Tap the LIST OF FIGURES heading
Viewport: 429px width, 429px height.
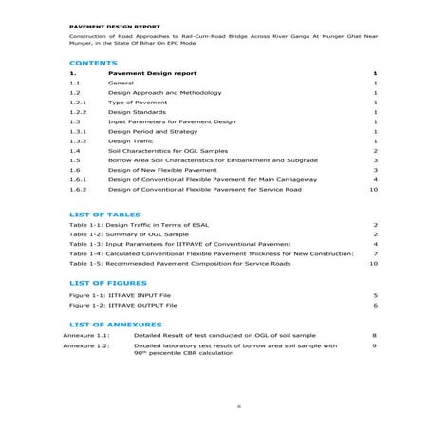tap(108, 283)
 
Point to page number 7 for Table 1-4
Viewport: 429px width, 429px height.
tap(376, 253)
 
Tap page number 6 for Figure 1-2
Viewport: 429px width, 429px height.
tap(376, 306)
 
